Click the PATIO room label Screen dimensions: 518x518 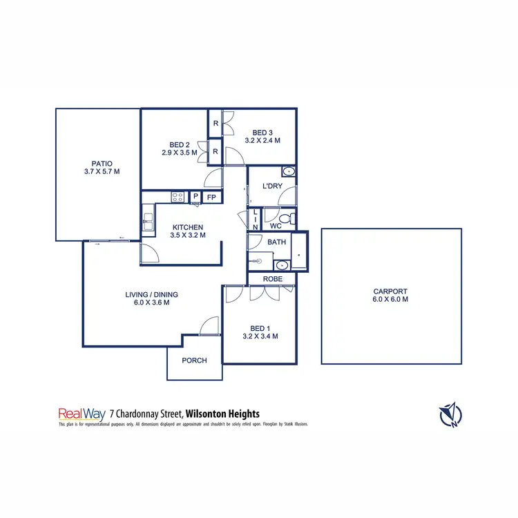(x=102, y=164)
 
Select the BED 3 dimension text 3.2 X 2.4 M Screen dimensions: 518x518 (x=262, y=141)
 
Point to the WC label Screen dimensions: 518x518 (x=275, y=226)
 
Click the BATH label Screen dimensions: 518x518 (x=277, y=242)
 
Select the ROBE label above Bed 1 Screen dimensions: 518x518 (x=271, y=279)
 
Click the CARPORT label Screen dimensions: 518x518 (x=390, y=291)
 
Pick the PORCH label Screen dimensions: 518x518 (x=194, y=361)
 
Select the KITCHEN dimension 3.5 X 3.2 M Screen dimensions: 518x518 (x=187, y=236)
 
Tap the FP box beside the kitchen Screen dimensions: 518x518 (x=211, y=197)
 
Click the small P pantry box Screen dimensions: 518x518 (x=195, y=197)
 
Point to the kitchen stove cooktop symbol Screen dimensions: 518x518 (x=178, y=197)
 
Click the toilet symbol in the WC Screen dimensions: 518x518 (x=291, y=220)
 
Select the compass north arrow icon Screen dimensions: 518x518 (x=450, y=414)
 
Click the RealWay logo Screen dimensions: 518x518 (x=81, y=414)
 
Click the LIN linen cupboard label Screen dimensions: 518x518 (x=255, y=220)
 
